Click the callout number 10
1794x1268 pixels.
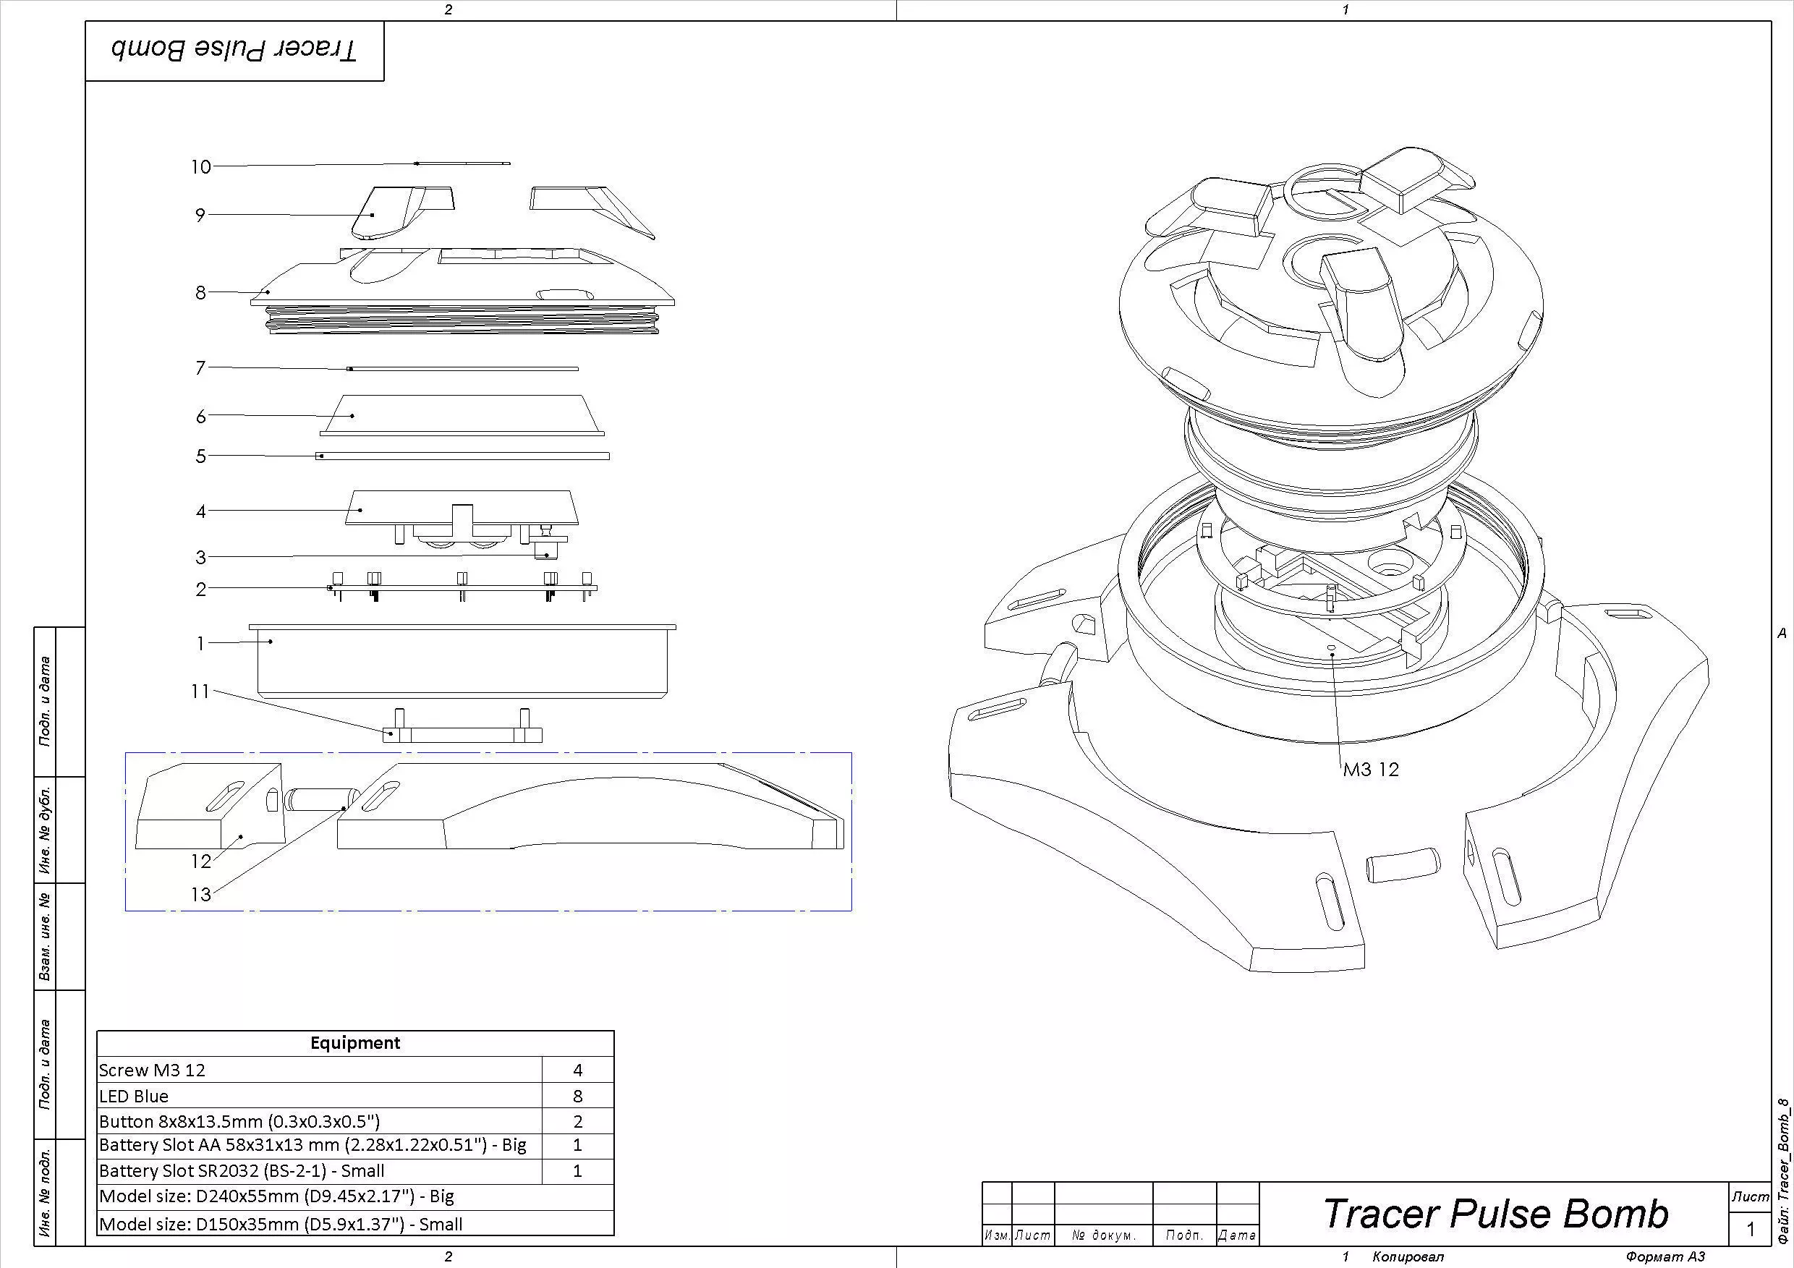(x=201, y=166)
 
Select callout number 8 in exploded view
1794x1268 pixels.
(x=201, y=292)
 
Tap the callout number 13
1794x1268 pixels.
(x=202, y=895)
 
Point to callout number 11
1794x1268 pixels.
(x=201, y=692)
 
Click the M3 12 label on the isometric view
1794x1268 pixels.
(x=1371, y=770)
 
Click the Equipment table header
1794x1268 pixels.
(x=354, y=1043)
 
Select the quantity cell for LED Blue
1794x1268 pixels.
(x=577, y=1096)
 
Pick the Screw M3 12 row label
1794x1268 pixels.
(x=153, y=1071)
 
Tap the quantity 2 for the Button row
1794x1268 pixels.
(x=577, y=1122)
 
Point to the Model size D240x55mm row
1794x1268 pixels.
(x=276, y=1196)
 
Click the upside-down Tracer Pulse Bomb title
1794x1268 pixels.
(x=234, y=51)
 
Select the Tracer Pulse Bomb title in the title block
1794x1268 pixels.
(x=1495, y=1213)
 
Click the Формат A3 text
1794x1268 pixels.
(x=1665, y=1257)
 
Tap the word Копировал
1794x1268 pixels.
(x=1408, y=1257)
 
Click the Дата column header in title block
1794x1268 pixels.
(x=1238, y=1235)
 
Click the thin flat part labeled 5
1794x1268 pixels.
(x=462, y=456)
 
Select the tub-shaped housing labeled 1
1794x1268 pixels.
(x=462, y=660)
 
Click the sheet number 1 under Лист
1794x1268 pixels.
(x=1751, y=1230)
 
